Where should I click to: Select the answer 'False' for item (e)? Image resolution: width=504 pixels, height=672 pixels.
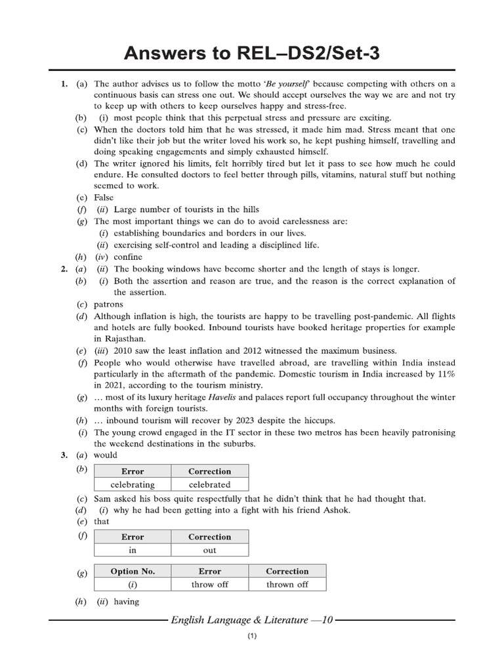[x=104, y=198]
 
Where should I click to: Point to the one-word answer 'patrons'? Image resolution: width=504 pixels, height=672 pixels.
[x=108, y=304]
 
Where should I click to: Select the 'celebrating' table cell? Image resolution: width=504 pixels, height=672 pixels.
[x=133, y=485]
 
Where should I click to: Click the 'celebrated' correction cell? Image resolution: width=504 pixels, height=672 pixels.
[x=209, y=485]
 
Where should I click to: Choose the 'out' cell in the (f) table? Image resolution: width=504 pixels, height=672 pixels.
[x=209, y=551]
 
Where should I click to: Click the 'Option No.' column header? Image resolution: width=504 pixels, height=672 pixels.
[x=133, y=572]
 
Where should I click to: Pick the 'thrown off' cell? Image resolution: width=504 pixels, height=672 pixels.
[x=287, y=585]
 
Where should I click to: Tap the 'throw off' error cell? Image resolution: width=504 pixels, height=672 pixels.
[x=209, y=585]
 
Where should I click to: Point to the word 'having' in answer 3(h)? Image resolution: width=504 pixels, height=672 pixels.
[x=127, y=601]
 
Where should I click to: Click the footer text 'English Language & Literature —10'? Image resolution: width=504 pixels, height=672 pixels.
[x=252, y=619]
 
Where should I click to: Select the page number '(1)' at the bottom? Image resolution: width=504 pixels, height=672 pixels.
[x=252, y=637]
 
